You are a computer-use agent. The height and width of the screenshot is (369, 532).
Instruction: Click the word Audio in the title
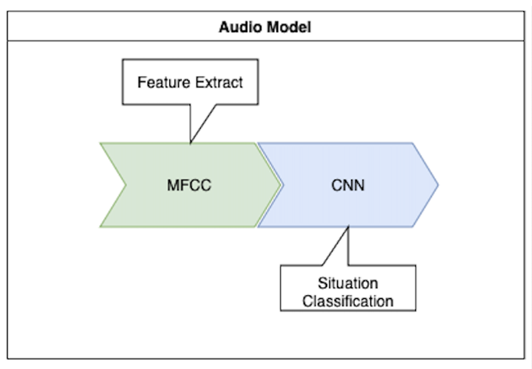tap(236, 28)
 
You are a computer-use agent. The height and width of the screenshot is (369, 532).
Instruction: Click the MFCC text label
tap(189, 185)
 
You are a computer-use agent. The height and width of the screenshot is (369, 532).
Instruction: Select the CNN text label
tap(347, 185)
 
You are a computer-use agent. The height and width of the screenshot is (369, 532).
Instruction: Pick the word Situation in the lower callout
tap(347, 283)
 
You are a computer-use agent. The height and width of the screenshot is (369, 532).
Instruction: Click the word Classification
tap(347, 300)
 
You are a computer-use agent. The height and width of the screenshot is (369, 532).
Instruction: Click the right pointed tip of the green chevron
tap(280, 184)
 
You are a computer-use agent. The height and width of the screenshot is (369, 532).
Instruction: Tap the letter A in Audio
tap(224, 28)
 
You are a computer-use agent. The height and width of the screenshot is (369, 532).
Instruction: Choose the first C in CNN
tap(335, 185)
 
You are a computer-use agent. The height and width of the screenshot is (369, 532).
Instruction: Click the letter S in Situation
tap(322, 283)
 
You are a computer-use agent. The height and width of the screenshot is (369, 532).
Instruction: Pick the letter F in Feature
tap(142, 82)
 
